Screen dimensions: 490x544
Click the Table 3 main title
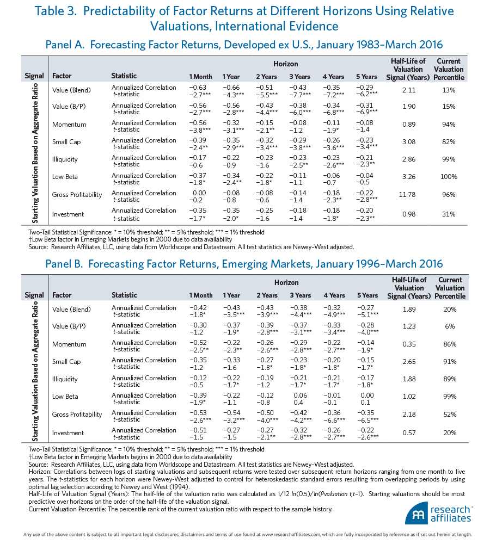(x=244, y=18)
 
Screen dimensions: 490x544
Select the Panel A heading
(x=244, y=45)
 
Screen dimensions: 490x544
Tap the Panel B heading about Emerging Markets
(x=244, y=264)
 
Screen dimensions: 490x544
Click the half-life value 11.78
(x=407, y=195)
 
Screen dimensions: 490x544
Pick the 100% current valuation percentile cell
(x=449, y=177)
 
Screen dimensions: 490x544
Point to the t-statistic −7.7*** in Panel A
(x=300, y=94)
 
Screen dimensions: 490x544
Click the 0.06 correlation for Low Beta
(x=301, y=395)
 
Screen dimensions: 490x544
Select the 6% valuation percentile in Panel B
(x=450, y=326)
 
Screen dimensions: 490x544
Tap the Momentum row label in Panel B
(x=69, y=344)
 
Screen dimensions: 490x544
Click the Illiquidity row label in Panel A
(x=65, y=159)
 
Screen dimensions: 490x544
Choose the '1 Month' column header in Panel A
(x=200, y=77)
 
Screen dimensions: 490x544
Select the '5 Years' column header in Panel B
(x=367, y=295)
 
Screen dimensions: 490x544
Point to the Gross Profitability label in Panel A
(x=77, y=195)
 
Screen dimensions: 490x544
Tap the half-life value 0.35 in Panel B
(x=409, y=344)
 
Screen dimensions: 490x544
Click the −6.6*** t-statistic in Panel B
(x=334, y=420)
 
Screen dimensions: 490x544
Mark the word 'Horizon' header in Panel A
(x=285, y=64)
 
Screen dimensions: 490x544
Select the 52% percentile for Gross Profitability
(x=450, y=414)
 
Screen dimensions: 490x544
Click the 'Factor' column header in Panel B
(x=62, y=295)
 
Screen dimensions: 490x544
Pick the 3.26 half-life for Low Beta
(x=409, y=177)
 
